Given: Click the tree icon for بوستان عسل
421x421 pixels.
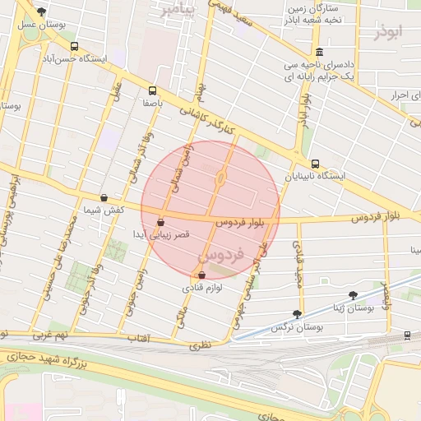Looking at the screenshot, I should [x=41, y=12].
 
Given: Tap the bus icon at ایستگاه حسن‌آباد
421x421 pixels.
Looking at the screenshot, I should [x=75, y=46].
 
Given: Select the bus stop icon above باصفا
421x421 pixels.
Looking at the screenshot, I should [x=152, y=90].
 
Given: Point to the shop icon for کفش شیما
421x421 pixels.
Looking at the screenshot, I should [x=104, y=197].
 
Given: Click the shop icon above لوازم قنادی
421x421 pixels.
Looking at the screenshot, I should [x=202, y=275].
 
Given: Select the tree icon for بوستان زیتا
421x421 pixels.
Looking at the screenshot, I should [x=353, y=294].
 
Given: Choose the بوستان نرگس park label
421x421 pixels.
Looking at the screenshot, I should [x=298, y=327].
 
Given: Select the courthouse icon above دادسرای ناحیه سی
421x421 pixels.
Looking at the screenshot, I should [x=319, y=52].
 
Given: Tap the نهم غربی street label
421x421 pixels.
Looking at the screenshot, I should [x=51, y=336].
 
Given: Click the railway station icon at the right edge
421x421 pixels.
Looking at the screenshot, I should [x=407, y=335].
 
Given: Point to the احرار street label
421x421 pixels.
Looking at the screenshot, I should [x=399, y=96].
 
